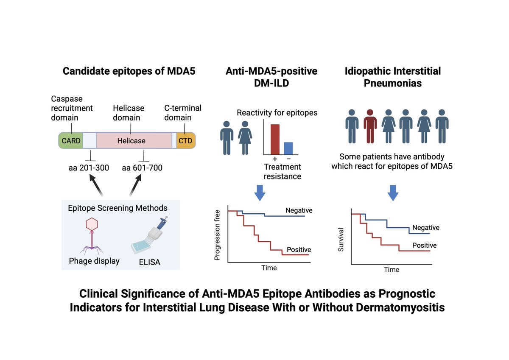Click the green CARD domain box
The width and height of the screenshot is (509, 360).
[70, 140]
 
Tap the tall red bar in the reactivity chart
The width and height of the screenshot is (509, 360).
[275, 139]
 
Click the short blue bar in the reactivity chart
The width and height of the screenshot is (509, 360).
[288, 148]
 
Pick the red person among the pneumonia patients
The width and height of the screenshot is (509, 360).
[370, 126]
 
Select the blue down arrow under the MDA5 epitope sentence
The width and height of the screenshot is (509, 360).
[393, 193]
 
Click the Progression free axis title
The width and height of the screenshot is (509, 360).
[218, 236]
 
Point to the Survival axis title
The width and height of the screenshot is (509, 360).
[341, 240]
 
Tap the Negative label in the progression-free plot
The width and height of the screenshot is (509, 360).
[299, 210]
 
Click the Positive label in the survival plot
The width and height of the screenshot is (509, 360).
[424, 245]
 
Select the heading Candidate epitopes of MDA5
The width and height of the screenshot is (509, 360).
[129, 71]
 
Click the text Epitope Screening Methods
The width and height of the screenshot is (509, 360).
[117, 208]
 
